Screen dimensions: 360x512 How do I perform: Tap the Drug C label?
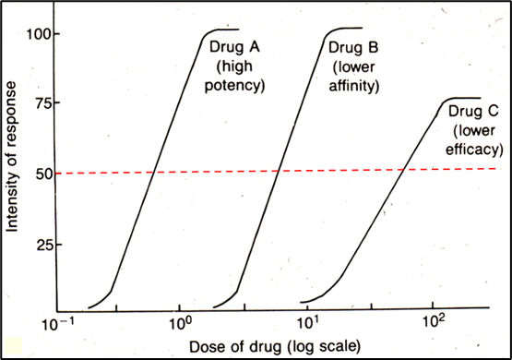(x=475, y=113)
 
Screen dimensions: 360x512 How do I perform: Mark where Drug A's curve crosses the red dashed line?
(x=154, y=171)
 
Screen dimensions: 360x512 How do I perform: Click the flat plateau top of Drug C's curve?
(x=461, y=98)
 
